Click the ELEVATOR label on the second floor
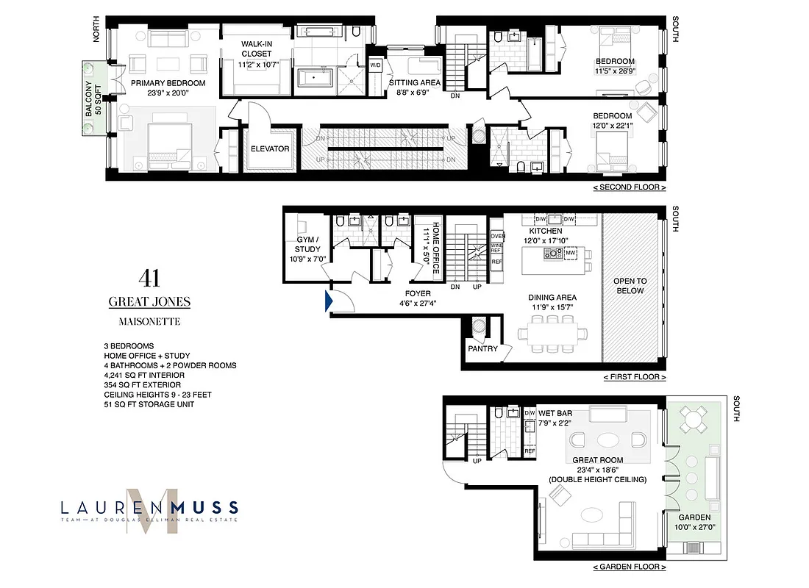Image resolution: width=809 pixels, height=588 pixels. (x=269, y=148)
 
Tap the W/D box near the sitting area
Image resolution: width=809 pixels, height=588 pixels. (x=375, y=65)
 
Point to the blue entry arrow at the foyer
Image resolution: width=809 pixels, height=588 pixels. (x=326, y=299)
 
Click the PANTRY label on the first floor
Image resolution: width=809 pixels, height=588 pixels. (x=482, y=348)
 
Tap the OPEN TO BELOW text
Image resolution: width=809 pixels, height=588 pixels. (x=630, y=285)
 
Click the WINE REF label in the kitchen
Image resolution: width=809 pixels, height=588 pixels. (x=496, y=248)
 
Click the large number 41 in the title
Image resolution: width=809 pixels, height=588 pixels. (x=149, y=278)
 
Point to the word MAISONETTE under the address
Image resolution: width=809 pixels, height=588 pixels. (x=149, y=321)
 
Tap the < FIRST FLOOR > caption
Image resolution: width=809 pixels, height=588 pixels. (x=634, y=377)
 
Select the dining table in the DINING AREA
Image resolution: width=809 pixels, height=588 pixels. (x=553, y=333)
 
